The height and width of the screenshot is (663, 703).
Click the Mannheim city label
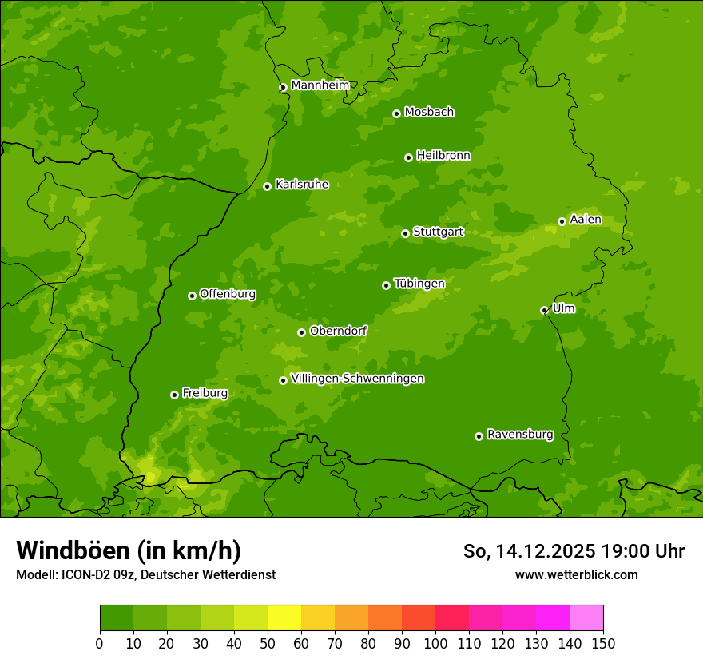pyautogui.click(x=320, y=85)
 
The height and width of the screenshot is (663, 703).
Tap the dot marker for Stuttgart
pyautogui.click(x=405, y=233)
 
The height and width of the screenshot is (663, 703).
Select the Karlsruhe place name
pyautogui.click(x=301, y=185)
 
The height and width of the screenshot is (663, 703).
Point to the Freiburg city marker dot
pyautogui.click(x=174, y=395)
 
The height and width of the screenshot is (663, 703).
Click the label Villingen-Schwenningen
pyautogui.click(x=357, y=379)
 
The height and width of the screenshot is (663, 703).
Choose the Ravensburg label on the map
pyautogui.click(x=519, y=435)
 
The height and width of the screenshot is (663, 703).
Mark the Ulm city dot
pyautogui.click(x=544, y=310)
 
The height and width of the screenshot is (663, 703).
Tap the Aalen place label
pyautogui.click(x=585, y=220)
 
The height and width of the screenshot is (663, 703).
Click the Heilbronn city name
pyautogui.click(x=443, y=156)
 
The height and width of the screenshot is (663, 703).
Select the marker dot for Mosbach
pyautogui.click(x=396, y=113)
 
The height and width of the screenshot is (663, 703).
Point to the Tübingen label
pyautogui.click(x=419, y=284)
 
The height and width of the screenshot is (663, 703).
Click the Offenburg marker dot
pyautogui.click(x=192, y=296)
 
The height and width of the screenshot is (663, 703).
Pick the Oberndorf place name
pyautogui.click(x=338, y=331)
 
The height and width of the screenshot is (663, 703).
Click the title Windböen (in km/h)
pyautogui.click(x=129, y=550)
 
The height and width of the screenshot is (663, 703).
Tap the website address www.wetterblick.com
pyautogui.click(x=576, y=574)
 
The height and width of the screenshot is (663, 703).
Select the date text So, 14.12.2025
pyautogui.click(x=529, y=551)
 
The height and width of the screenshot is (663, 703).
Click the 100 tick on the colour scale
pyautogui.click(x=435, y=643)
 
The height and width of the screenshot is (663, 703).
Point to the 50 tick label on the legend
pyautogui.click(x=268, y=643)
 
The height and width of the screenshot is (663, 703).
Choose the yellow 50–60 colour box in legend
pyautogui.click(x=284, y=618)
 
